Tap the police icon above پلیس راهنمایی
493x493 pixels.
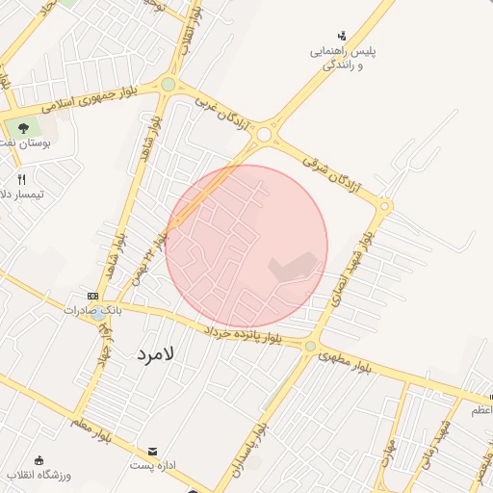tap(342, 36)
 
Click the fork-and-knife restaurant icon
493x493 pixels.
tap(22, 179)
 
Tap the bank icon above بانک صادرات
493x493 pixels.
tap(92, 296)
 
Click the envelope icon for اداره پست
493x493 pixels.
tap(152, 451)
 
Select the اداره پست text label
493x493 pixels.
tap(152, 465)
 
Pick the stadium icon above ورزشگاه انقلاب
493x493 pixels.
tap(39, 460)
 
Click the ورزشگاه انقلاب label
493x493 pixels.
tap(35, 475)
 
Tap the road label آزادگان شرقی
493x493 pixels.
tap(331, 170)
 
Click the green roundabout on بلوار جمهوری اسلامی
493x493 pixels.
tap(169, 85)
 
